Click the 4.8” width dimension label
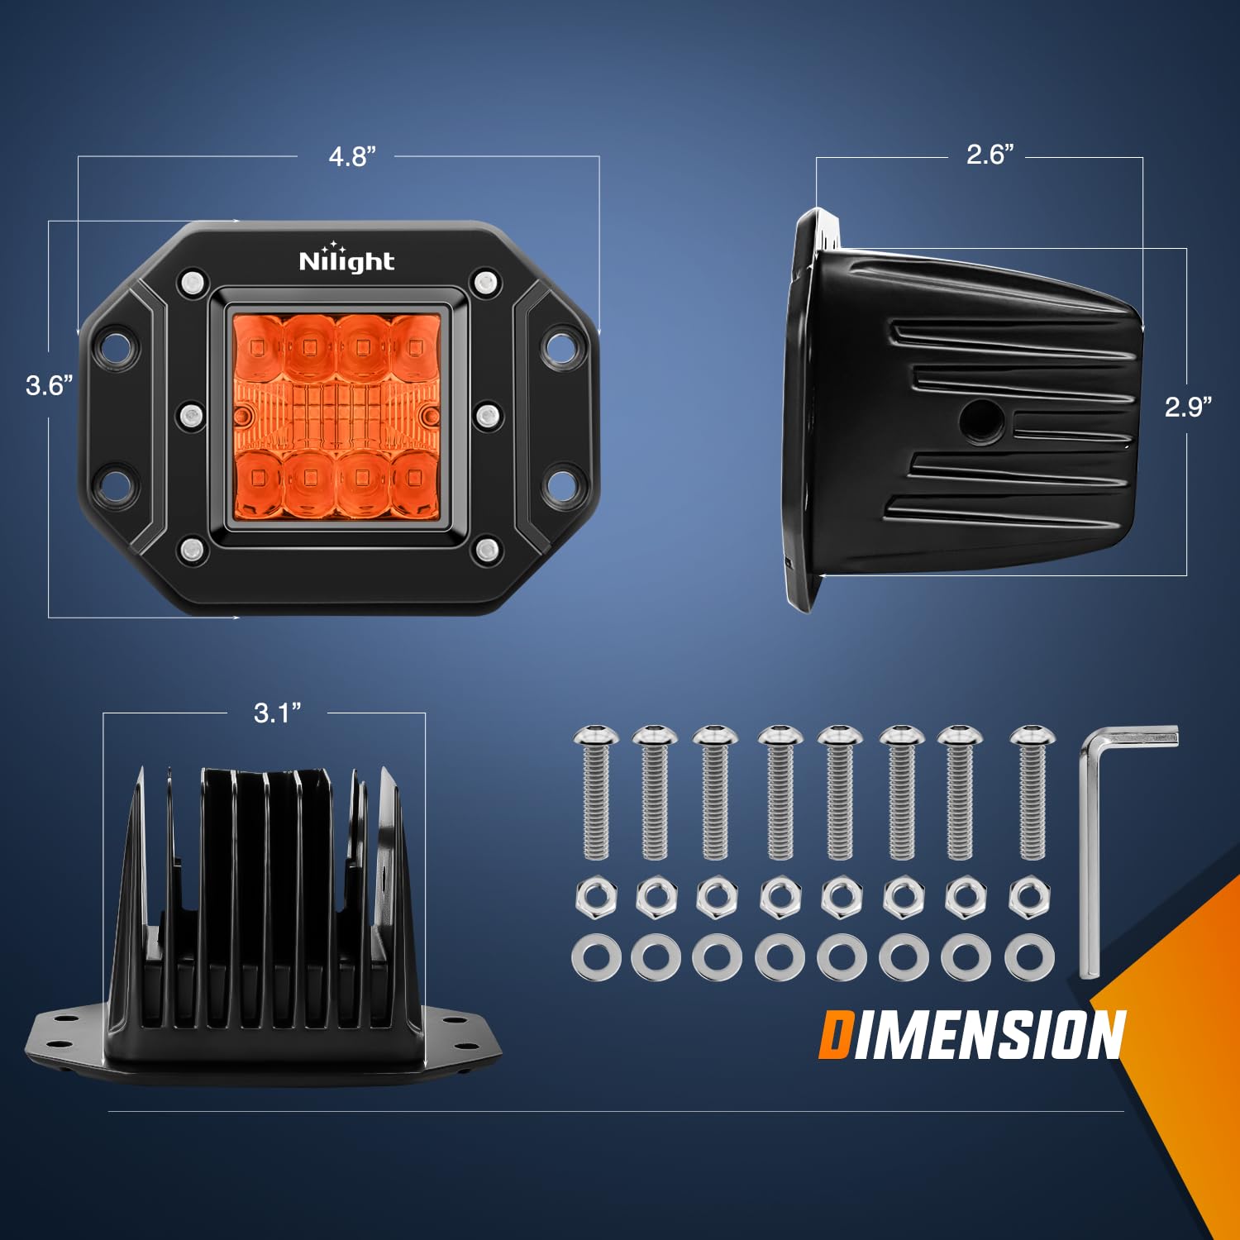click(x=352, y=156)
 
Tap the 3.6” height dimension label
click(x=50, y=385)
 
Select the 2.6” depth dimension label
click(x=990, y=154)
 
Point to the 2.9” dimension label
click(x=1189, y=406)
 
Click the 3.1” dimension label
click(x=278, y=713)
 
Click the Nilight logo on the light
click(x=346, y=259)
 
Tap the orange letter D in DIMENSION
click(x=835, y=1035)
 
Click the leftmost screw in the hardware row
click(x=596, y=791)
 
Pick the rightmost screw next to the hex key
click(x=1033, y=791)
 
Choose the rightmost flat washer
click(x=1030, y=957)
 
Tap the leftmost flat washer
click(x=596, y=957)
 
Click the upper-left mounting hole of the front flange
click(x=117, y=346)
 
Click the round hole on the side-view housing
click(x=982, y=420)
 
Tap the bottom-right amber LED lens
click(x=414, y=480)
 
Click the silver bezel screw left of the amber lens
click(x=192, y=415)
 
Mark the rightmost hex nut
click(x=1030, y=897)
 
